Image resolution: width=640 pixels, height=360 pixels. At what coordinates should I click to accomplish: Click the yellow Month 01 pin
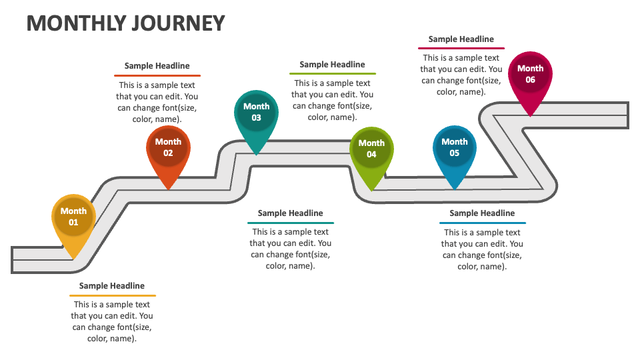(x=73, y=217)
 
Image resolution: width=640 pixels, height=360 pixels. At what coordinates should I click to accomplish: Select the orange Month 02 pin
(x=168, y=148)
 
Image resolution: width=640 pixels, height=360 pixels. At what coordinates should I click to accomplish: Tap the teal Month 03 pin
(x=257, y=113)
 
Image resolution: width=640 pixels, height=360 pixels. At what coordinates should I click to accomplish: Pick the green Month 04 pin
(x=371, y=149)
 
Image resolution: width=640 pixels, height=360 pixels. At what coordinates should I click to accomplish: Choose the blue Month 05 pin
(x=455, y=148)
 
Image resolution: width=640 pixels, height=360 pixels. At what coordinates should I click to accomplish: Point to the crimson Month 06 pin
(x=530, y=75)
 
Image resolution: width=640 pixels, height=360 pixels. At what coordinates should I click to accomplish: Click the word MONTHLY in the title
(x=76, y=23)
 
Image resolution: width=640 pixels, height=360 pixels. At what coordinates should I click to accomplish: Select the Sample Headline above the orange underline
(x=157, y=66)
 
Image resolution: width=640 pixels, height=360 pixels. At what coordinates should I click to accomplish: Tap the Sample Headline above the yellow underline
(x=112, y=286)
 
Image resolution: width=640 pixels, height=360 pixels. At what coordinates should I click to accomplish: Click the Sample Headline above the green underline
(x=332, y=65)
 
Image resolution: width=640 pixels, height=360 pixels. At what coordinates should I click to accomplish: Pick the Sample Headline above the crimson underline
(x=461, y=39)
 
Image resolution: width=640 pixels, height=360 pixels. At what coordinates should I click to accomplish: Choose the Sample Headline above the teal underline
(x=290, y=213)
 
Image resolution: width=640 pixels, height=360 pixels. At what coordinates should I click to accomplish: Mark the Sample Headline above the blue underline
(x=482, y=213)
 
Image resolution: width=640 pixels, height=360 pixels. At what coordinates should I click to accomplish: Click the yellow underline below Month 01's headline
(x=112, y=295)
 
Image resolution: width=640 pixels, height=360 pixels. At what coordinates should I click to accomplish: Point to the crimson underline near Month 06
(x=461, y=49)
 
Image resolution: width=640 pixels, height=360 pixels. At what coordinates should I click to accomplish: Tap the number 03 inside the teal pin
(x=257, y=118)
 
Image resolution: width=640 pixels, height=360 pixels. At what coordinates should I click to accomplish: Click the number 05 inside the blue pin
(x=455, y=153)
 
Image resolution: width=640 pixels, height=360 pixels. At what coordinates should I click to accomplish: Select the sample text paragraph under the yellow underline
(x=112, y=321)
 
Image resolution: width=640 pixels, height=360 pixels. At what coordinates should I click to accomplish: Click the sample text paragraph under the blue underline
(x=482, y=249)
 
